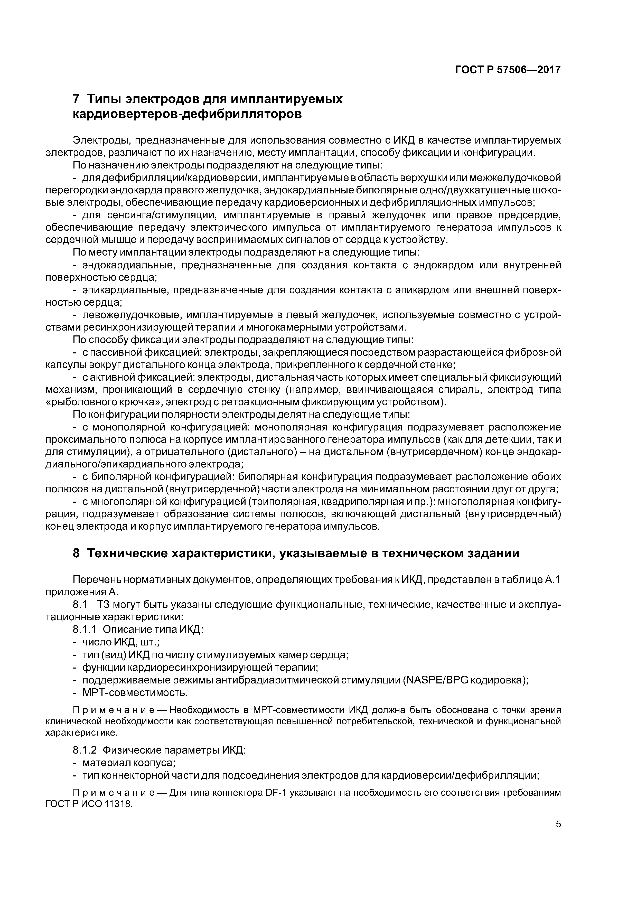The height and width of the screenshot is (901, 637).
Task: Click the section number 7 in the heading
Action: click(77, 99)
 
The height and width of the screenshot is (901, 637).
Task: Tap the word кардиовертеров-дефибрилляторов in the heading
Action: click(188, 114)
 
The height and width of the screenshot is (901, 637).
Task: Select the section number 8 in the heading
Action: click(77, 553)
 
